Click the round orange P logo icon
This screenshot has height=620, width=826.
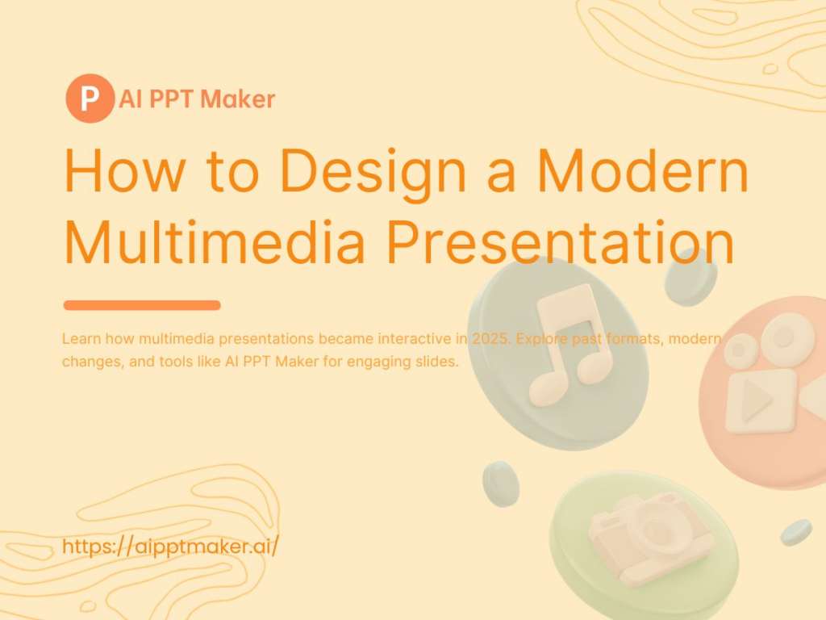click(90, 98)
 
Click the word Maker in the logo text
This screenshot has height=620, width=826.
click(238, 99)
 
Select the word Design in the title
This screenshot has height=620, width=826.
click(373, 174)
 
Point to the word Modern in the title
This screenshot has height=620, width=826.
click(643, 171)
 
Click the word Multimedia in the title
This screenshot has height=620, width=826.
click(215, 242)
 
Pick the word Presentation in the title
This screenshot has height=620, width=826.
click(561, 244)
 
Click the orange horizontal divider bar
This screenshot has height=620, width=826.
click(142, 305)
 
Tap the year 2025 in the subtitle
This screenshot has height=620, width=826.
click(491, 338)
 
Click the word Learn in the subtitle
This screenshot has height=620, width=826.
click(81, 338)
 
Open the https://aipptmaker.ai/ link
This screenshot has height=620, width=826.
click(170, 547)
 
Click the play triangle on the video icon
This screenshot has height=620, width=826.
click(756, 399)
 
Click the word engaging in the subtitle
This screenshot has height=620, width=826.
click(376, 362)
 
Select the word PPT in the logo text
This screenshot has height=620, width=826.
click(172, 99)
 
